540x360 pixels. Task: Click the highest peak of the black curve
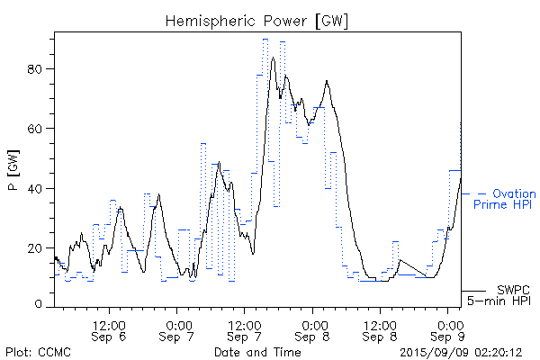(272, 58)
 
